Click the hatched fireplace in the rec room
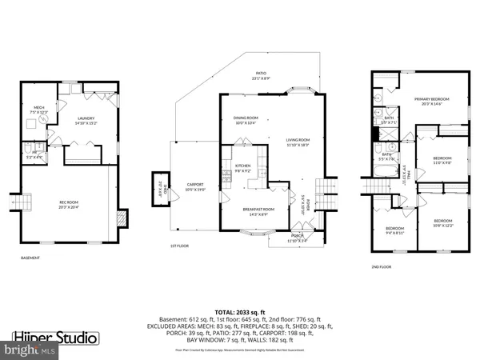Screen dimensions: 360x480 [x=122, y=217]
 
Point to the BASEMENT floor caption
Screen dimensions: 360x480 [x=31, y=258]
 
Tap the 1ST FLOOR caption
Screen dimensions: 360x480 [x=180, y=246]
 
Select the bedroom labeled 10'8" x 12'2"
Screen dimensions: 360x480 [x=442, y=222]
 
